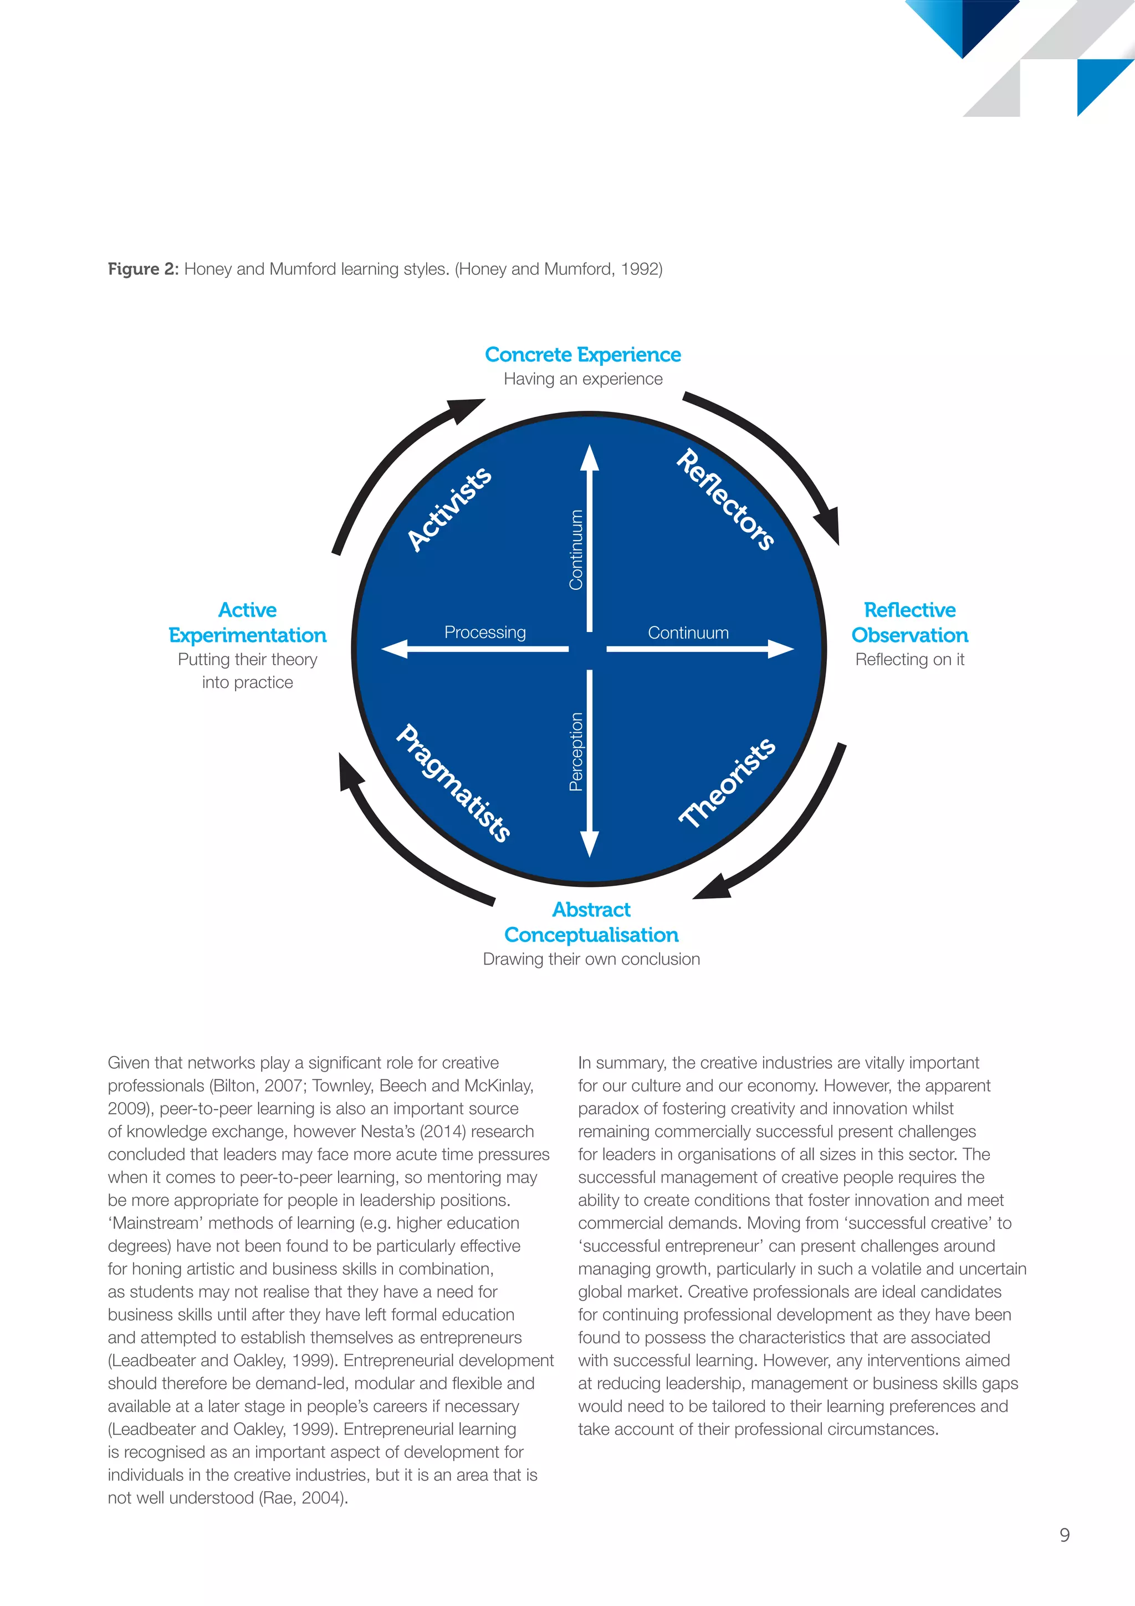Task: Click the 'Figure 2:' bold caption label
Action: tap(144, 269)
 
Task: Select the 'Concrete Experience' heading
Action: tap(582, 355)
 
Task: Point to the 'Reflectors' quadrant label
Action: tap(726, 499)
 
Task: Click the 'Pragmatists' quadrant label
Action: tap(453, 783)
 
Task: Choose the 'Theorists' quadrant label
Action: tap(727, 783)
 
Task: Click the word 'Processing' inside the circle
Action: tap(484, 633)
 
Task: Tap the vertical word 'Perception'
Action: tap(576, 751)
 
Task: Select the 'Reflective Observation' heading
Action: tap(909, 622)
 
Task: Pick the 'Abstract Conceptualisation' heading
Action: tap(591, 922)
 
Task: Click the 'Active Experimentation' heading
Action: tap(248, 622)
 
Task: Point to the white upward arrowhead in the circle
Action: tap(590, 457)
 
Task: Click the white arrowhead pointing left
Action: tap(395, 649)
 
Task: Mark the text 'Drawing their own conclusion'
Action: tap(591, 959)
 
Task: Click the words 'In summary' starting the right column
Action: tap(622, 1063)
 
